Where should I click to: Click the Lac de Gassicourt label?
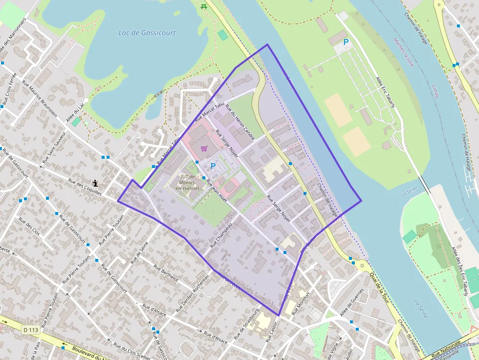147,33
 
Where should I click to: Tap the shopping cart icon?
204,148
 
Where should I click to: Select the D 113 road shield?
30,330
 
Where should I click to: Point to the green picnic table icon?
204,6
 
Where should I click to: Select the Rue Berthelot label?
166,274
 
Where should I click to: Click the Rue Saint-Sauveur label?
53,148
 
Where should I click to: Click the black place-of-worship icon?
95,184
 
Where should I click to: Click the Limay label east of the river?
435,91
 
